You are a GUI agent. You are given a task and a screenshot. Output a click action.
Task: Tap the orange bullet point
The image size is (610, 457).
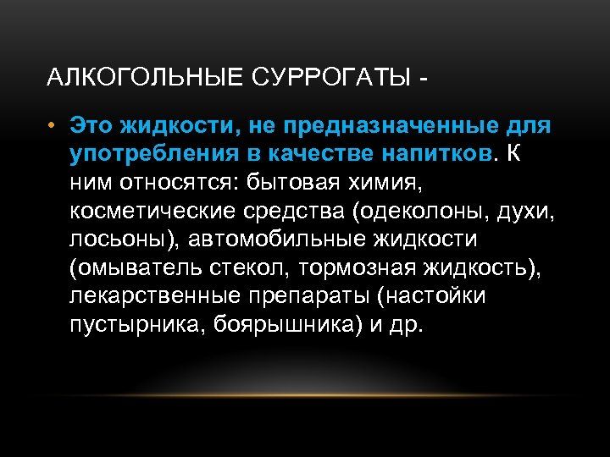click(52, 126)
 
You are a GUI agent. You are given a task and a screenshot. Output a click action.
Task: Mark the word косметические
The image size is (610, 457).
click(153, 211)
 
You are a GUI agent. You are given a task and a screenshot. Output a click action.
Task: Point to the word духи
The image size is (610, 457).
click(525, 211)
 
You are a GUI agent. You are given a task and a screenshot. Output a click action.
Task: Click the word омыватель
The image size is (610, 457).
click(144, 268)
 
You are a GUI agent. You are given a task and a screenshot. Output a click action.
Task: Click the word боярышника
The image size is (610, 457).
click(284, 326)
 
